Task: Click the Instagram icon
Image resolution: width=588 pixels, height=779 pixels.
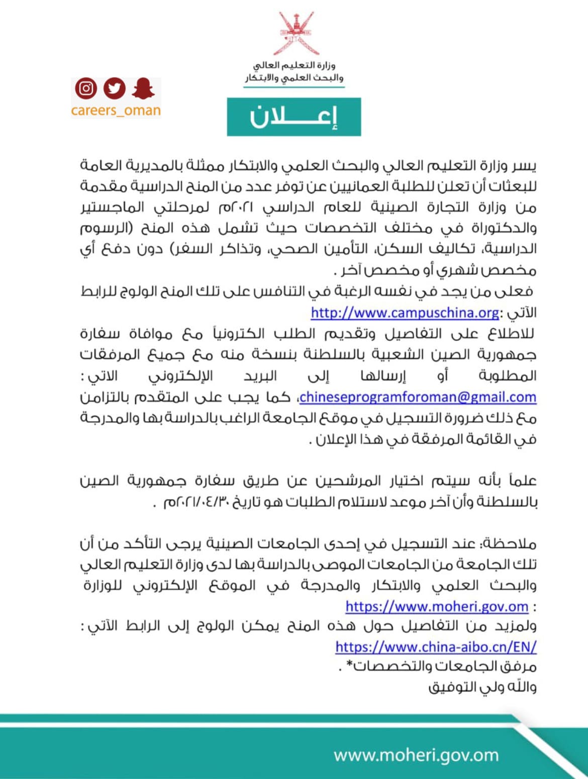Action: click(x=86, y=88)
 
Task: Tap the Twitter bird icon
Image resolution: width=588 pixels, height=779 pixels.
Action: click(x=115, y=88)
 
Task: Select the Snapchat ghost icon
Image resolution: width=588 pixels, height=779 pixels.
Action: click(x=143, y=88)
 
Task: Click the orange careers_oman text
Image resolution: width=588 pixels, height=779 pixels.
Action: click(x=116, y=111)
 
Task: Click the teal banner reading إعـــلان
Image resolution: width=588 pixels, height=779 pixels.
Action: click(x=293, y=117)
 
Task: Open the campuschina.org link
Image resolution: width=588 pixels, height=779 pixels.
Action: click(x=405, y=313)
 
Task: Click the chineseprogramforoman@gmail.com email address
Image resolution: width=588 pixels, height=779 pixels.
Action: click(x=418, y=397)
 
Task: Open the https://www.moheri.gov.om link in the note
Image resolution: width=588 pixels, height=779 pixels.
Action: click(x=437, y=606)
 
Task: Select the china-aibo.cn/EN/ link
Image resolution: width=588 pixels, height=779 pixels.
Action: click(x=436, y=646)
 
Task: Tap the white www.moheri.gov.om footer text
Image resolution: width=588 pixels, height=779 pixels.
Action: click(x=416, y=754)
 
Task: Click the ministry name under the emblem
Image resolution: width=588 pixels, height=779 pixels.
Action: click(x=294, y=72)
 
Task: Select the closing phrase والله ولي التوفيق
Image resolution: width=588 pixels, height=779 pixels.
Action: click(x=482, y=687)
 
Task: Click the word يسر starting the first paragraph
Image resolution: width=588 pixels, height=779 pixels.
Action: click(x=526, y=165)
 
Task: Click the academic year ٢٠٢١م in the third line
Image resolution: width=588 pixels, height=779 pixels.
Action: click(x=233, y=207)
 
